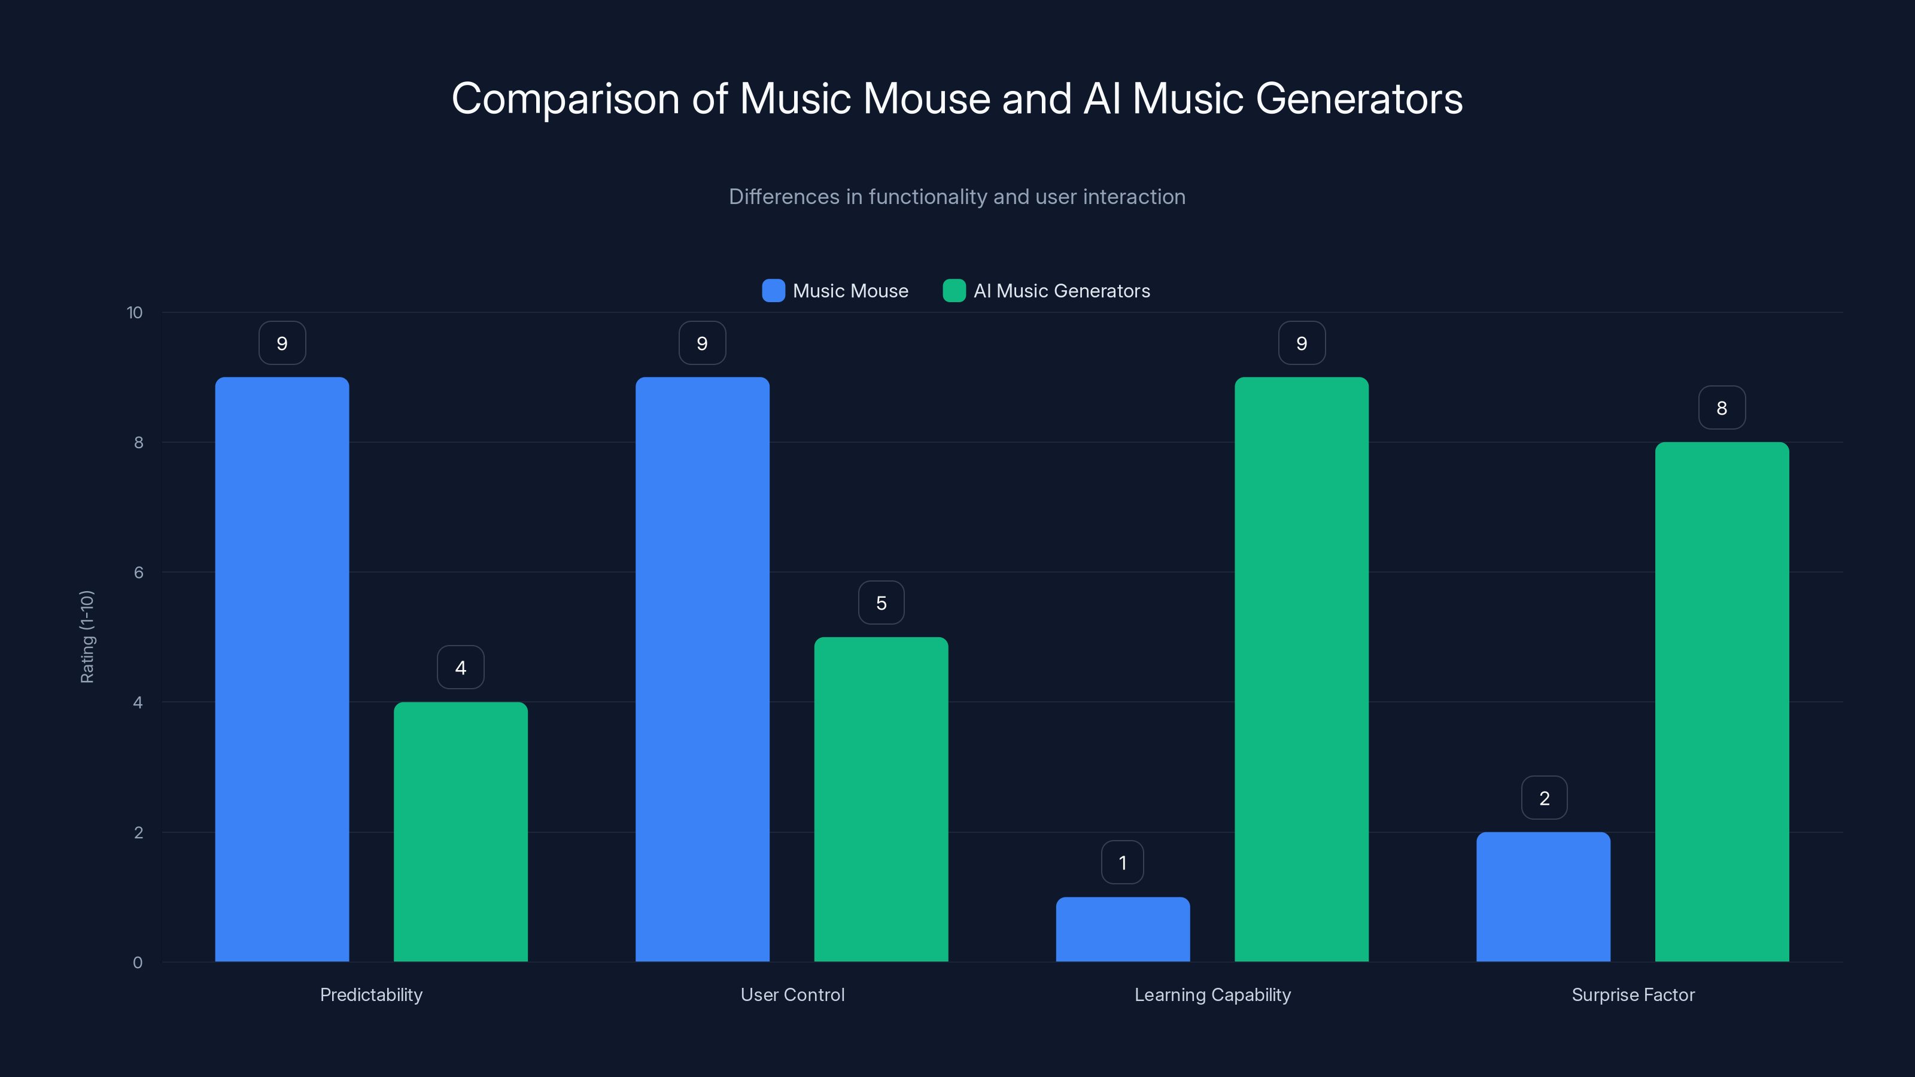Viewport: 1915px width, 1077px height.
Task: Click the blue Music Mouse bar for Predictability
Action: coord(282,669)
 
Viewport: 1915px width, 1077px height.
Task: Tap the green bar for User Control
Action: coord(881,799)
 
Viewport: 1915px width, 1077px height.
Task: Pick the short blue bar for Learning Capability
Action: coord(1123,929)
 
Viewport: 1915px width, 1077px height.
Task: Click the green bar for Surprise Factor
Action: coord(1722,702)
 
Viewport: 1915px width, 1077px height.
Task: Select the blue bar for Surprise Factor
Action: coord(1543,896)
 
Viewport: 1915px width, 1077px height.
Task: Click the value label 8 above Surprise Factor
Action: coord(1722,407)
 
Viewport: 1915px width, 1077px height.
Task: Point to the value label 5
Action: coord(881,603)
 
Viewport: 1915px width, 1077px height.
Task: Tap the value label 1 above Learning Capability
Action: coord(1123,862)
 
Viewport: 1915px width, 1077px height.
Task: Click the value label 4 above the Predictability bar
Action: coord(460,668)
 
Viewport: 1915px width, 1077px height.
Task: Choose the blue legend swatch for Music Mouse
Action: coord(773,291)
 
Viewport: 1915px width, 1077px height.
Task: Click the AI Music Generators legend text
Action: coord(1062,291)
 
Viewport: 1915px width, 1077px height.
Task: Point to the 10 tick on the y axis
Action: coord(135,312)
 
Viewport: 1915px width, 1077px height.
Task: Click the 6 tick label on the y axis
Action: coord(138,573)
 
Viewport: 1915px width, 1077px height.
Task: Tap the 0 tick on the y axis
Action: coord(138,963)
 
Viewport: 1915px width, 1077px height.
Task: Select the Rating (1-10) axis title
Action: coord(87,637)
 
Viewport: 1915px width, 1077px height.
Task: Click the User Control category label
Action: coord(792,994)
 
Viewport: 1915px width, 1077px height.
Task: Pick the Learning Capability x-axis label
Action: coord(1212,994)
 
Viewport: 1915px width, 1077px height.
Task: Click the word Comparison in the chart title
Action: coord(565,99)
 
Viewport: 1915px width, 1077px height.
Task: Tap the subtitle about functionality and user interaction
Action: coord(957,197)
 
